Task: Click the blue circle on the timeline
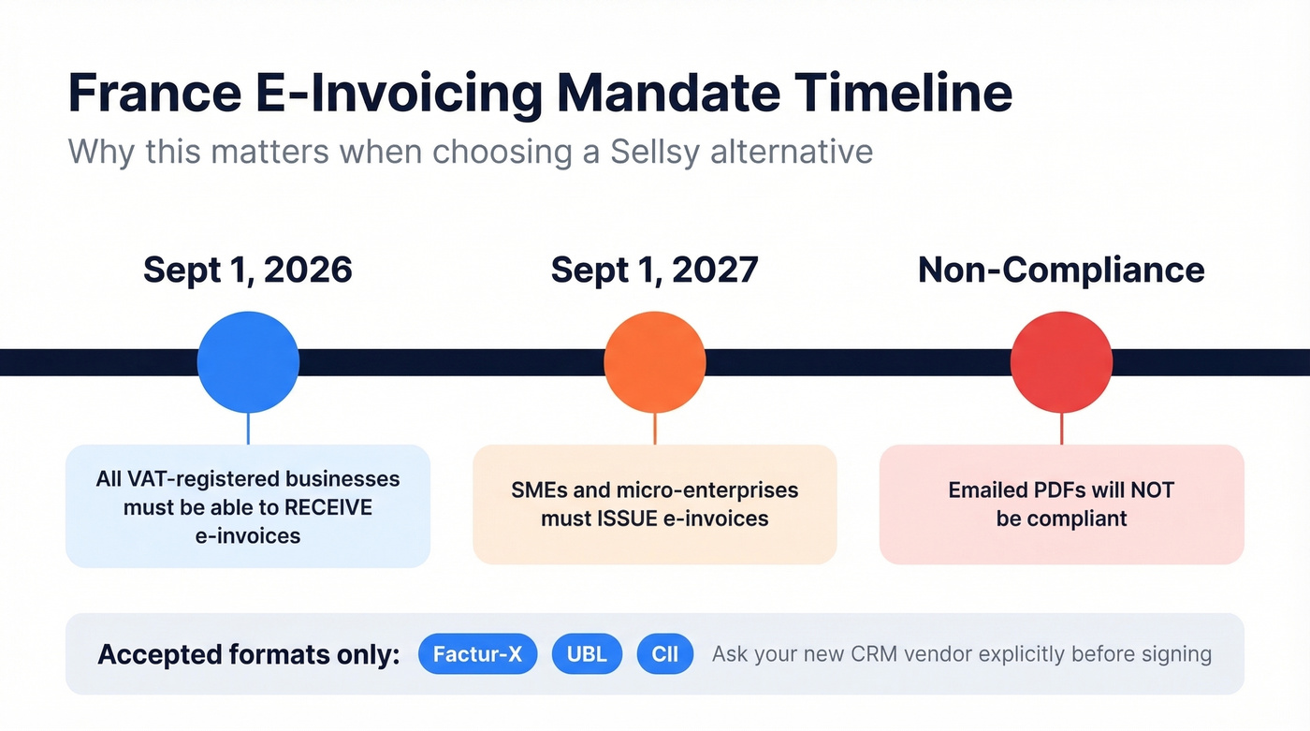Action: (x=248, y=362)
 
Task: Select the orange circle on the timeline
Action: (x=654, y=362)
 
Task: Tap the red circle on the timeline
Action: (x=1061, y=362)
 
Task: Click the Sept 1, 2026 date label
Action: (x=248, y=270)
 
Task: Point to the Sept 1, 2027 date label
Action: (x=654, y=270)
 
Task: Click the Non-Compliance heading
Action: (x=1061, y=270)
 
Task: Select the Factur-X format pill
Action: (x=478, y=654)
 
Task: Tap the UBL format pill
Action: (x=587, y=654)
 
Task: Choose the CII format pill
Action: (x=665, y=654)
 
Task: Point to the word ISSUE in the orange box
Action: (x=626, y=519)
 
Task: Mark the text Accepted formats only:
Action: (x=248, y=654)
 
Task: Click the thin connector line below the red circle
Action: (x=1061, y=429)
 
